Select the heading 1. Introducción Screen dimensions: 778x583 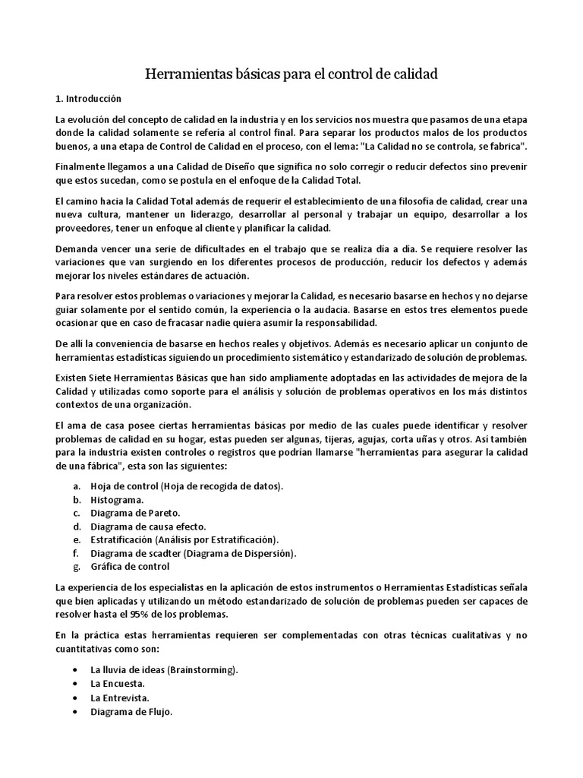tap(88, 99)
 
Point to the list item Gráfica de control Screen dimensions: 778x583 tap(131, 566)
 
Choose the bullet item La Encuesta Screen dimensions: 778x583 tap(118, 684)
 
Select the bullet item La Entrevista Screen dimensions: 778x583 tap(120, 697)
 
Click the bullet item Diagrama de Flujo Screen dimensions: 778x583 tap(131, 712)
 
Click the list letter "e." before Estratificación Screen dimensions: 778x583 tap(77, 539)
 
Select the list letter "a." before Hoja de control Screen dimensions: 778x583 tap(77, 486)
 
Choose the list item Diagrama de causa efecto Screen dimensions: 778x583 tap(148, 527)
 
